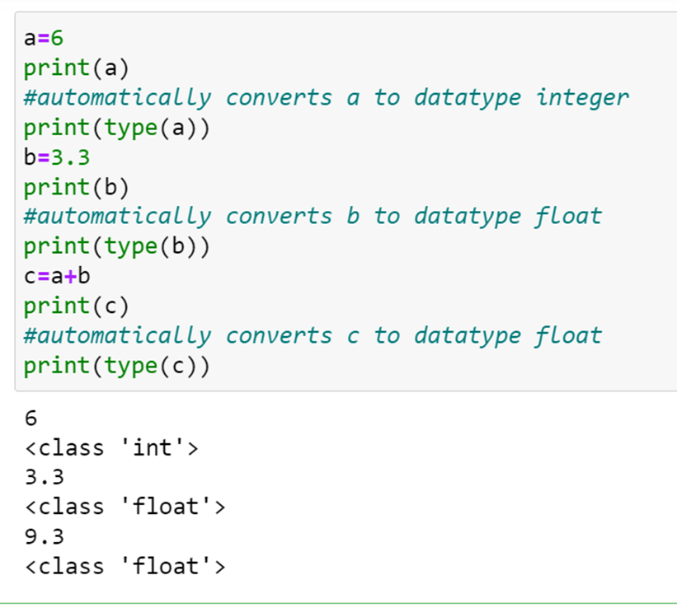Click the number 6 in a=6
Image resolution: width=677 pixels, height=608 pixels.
(x=57, y=38)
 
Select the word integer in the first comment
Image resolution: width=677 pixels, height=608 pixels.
(x=582, y=97)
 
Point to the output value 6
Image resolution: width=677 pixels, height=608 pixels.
(x=31, y=418)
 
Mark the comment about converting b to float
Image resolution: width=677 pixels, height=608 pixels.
(x=313, y=217)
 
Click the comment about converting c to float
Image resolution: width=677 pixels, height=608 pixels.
(x=313, y=335)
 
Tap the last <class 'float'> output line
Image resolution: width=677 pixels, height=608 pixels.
(x=125, y=566)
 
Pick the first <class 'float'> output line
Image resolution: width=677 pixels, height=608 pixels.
(x=125, y=507)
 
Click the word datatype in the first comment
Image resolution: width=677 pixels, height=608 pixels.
(x=468, y=97)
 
